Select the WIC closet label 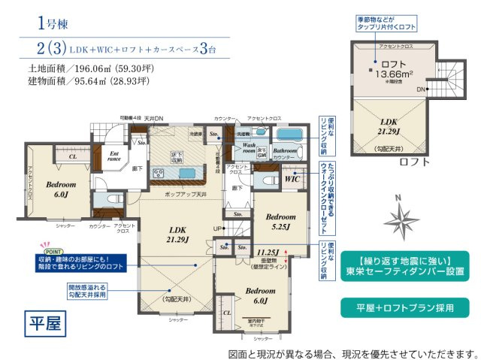(x=292, y=179)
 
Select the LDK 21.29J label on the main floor (x=178, y=234)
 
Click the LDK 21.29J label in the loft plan (x=389, y=126)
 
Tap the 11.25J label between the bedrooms (x=268, y=253)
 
